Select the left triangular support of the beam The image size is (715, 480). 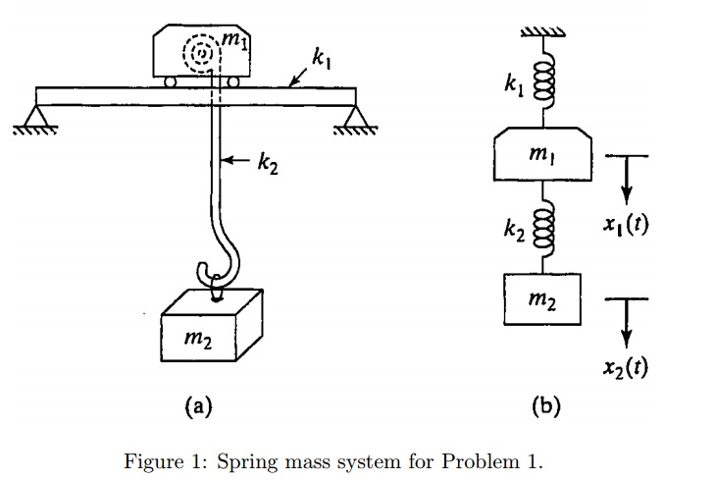point(40,119)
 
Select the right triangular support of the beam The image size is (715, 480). point(350,119)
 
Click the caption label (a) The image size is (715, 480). point(197,404)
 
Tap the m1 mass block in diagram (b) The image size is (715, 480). point(542,158)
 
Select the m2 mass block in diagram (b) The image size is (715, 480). point(542,296)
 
